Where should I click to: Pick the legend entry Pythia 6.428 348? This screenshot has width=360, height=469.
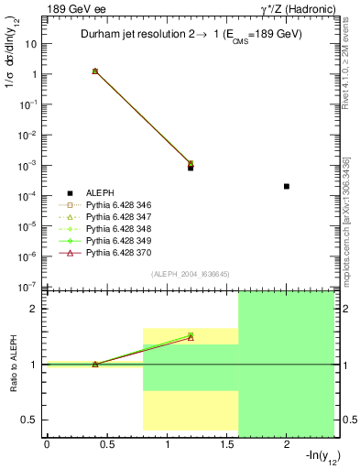tap(117, 227)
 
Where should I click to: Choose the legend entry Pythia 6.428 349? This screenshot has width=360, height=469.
tap(117, 239)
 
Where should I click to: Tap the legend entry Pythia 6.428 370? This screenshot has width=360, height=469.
tap(117, 251)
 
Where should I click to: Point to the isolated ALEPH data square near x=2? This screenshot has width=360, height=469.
tap(287, 186)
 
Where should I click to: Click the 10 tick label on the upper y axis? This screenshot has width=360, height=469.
tap(31, 44)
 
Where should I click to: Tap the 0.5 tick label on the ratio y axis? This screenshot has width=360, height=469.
tap(29, 420)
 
